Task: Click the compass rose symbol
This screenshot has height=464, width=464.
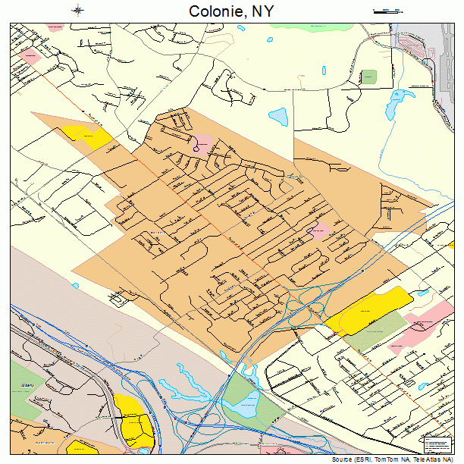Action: coord(79,11)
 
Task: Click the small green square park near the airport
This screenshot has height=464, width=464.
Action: coord(368,77)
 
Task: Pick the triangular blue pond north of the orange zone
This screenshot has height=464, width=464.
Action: coord(280,117)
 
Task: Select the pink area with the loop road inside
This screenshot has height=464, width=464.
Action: coord(203,143)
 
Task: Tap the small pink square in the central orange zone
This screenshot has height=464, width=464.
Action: coord(319,229)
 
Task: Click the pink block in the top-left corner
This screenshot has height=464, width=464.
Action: coord(29,57)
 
